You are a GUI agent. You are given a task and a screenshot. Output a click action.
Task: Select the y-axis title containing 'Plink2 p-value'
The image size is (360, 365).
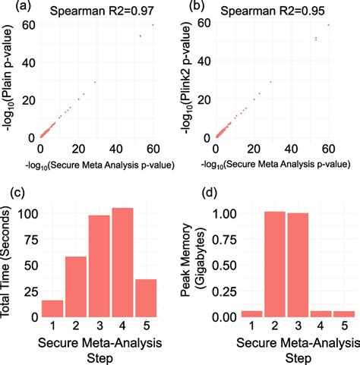pos(187,80)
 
